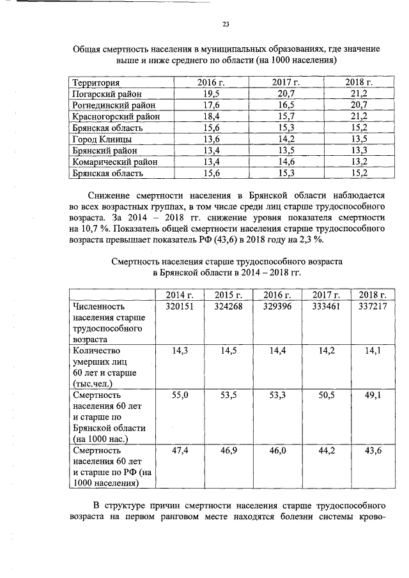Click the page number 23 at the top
(226, 24)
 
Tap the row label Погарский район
(107, 95)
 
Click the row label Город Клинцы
(102, 139)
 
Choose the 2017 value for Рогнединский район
(286, 105)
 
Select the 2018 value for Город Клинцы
(359, 139)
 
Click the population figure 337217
(371, 307)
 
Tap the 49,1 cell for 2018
(373, 396)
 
